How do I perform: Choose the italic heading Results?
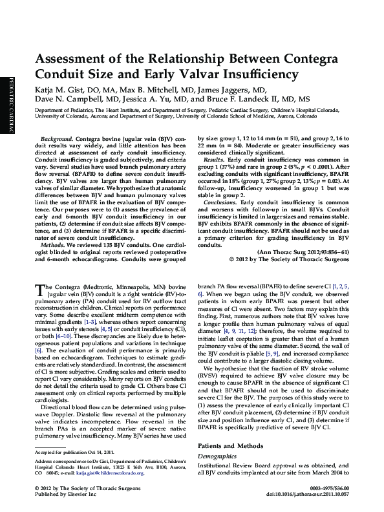(214, 158)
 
